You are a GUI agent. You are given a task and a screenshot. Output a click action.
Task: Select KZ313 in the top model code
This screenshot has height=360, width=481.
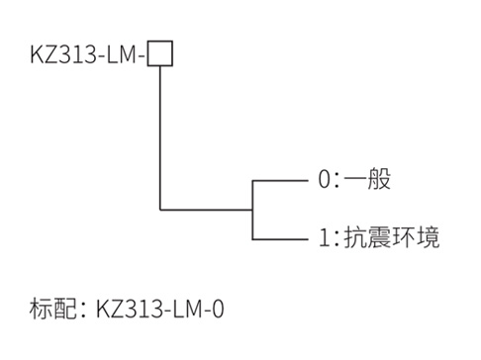click(61, 54)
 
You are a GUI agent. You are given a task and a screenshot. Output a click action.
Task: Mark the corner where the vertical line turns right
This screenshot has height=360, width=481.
click(159, 209)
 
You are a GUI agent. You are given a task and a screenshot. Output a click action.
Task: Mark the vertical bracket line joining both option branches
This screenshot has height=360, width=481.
click(253, 209)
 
